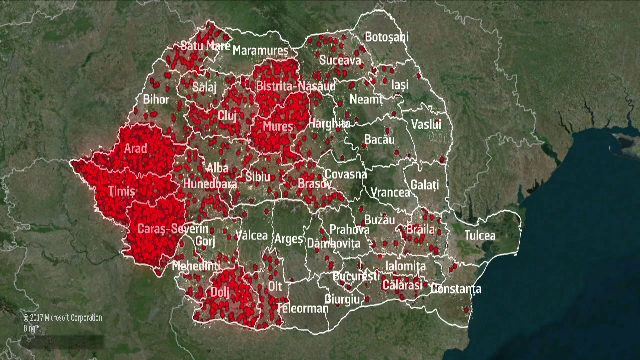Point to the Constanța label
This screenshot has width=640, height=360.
coord(456,289)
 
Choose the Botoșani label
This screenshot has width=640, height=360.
coord(387,37)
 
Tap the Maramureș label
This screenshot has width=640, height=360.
coord(262,51)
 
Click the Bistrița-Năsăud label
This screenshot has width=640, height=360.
coord(295,88)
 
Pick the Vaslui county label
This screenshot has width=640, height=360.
coord(427,123)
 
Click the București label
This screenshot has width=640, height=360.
coord(354,274)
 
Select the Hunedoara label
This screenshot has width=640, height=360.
coord(210,184)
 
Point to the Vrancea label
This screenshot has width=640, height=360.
coord(390,192)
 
